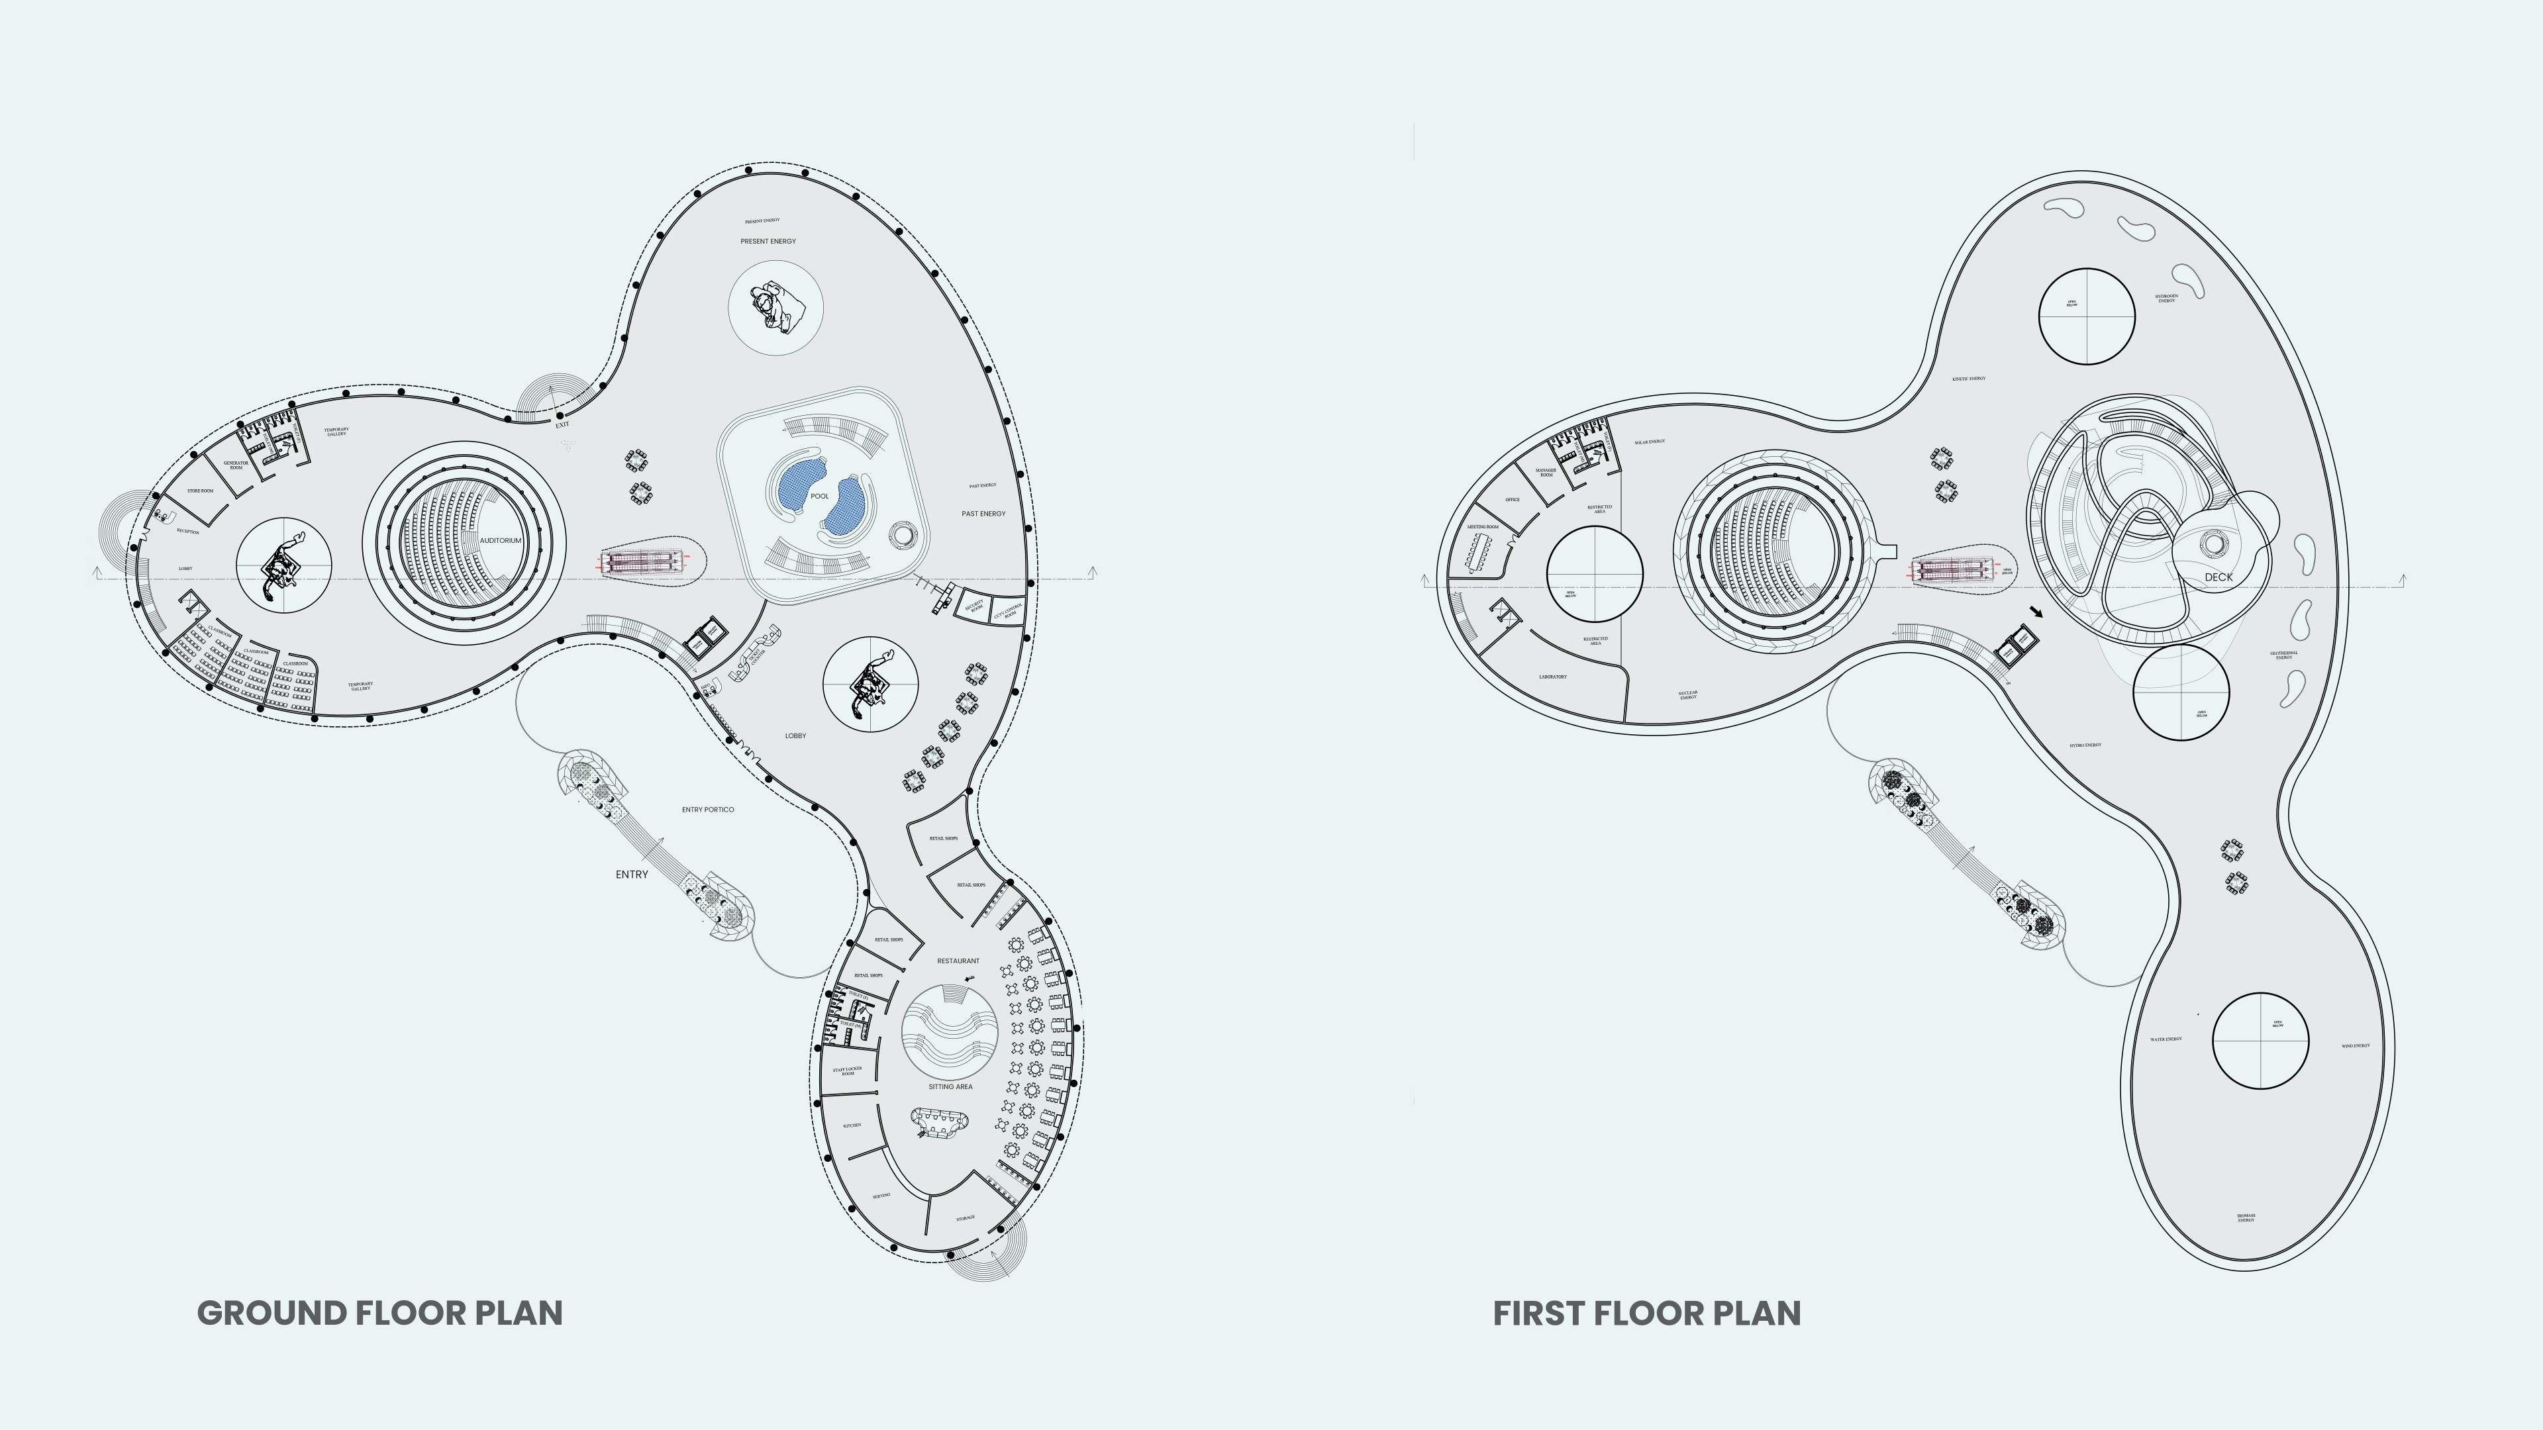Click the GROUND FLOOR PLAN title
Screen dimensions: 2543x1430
point(380,1313)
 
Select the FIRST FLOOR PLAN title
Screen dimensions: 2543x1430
point(1646,1313)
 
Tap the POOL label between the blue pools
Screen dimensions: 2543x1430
point(819,497)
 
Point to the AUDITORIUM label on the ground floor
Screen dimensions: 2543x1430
point(501,541)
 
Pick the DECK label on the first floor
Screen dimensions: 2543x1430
point(2219,577)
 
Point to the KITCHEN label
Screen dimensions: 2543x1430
point(852,1125)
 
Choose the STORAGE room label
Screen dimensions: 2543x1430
point(966,1219)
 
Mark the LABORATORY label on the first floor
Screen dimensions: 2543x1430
point(1553,677)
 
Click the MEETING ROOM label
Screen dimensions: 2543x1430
point(1483,527)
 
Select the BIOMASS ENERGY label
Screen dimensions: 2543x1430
point(2246,1218)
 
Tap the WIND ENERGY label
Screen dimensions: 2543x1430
point(2356,1046)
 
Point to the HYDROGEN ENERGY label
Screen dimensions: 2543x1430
point(2167,298)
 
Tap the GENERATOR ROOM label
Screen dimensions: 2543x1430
point(236,465)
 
